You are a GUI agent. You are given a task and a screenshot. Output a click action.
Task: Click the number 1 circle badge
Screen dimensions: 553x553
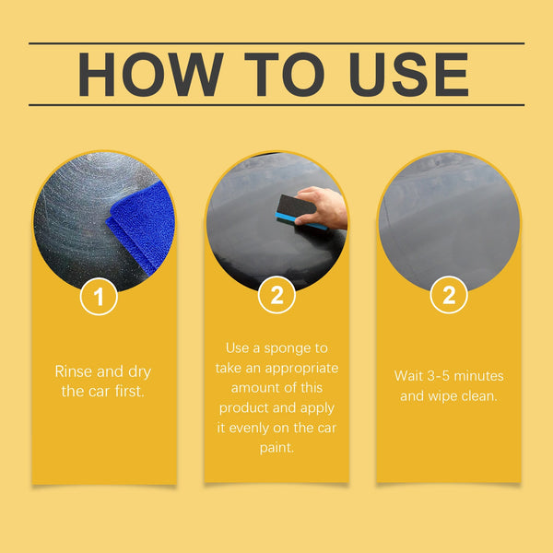tap(99, 296)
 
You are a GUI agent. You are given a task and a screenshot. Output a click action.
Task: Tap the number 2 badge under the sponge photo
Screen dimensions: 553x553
tap(276, 296)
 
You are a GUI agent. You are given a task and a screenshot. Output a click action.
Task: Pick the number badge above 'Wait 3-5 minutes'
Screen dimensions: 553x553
tap(449, 296)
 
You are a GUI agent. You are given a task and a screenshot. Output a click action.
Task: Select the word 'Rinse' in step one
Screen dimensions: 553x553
tap(75, 371)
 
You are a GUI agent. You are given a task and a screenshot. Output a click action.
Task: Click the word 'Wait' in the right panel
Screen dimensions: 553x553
tap(411, 376)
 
